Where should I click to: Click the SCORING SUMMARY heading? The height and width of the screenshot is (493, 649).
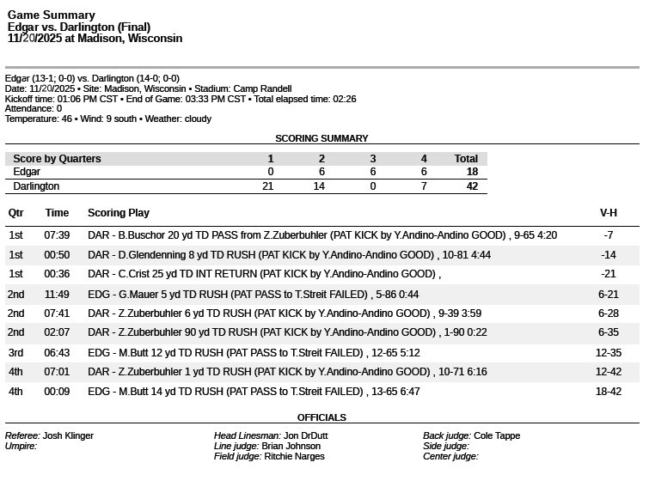321,138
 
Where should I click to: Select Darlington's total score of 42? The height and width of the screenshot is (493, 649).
471,186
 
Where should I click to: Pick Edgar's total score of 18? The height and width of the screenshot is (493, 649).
471,172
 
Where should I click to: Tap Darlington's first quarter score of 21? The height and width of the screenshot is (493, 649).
267,186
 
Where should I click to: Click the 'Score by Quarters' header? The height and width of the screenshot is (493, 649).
57,159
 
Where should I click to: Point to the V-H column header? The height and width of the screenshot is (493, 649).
608,213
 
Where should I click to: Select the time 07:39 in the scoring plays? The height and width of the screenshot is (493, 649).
57,235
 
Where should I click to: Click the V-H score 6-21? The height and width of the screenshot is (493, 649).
608,294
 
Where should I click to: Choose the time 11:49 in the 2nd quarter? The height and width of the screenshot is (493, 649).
57,294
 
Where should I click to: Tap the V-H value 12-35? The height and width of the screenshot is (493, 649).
608,353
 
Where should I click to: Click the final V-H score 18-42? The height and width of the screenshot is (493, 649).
608,392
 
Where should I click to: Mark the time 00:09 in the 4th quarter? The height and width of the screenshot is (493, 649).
57,392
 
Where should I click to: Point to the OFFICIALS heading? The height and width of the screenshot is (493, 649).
321,417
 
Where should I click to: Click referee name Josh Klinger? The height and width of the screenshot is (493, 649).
68,435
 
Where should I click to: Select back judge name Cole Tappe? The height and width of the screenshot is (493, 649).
497,435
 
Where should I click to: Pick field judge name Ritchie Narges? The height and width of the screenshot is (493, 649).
294,457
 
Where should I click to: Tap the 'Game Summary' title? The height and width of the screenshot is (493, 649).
52,15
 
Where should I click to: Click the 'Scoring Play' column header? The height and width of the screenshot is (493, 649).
119,213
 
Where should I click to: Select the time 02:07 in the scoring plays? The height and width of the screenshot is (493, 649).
57,332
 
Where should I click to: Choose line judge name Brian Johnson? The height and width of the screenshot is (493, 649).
291,447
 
